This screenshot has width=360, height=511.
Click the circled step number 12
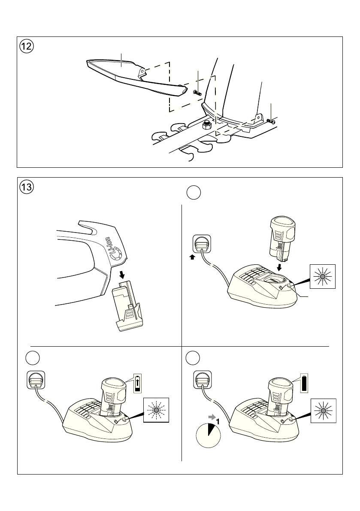[x=27, y=46]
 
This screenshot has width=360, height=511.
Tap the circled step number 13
[x=27, y=187]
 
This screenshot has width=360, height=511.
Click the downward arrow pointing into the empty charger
[x=280, y=267]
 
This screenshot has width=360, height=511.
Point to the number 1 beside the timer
[x=218, y=422]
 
